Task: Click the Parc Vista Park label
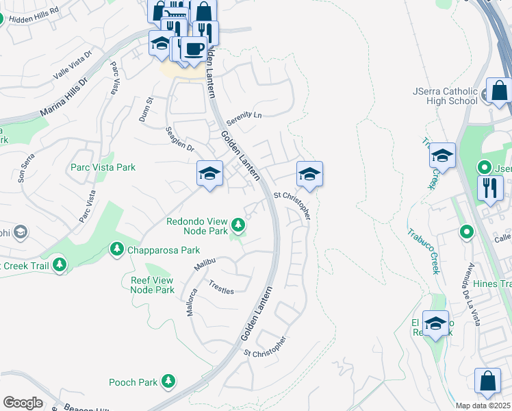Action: [x=103, y=167]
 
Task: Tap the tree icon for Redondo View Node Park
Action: [x=238, y=224]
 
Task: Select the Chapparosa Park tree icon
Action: [x=117, y=250]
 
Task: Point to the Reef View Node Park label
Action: [x=152, y=285]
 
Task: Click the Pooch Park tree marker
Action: [x=168, y=382]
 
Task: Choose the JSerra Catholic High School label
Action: [x=445, y=96]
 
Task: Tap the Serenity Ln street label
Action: [x=244, y=115]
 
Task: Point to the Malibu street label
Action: [x=205, y=262]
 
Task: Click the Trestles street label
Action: [x=221, y=287]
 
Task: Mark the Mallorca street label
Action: [x=192, y=302]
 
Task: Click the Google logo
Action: [x=23, y=403]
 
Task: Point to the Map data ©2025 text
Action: [x=483, y=406]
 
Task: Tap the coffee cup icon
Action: [x=194, y=49]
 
